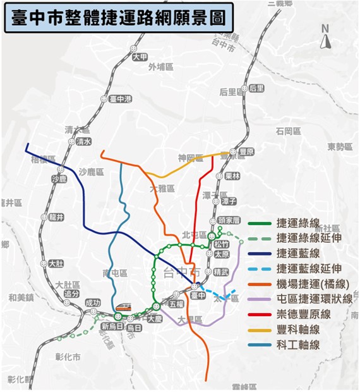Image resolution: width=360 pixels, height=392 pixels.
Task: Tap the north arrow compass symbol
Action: (x=326, y=39)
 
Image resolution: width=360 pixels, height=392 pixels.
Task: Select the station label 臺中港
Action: (x=120, y=99)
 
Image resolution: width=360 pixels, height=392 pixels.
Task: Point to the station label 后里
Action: (x=256, y=88)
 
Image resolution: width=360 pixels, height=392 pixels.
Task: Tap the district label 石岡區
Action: (x=287, y=131)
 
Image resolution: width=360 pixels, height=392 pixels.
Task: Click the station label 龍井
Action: (x=56, y=217)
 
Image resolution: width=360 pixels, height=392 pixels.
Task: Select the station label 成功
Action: (x=93, y=303)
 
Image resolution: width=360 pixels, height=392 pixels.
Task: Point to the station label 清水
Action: (x=83, y=142)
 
